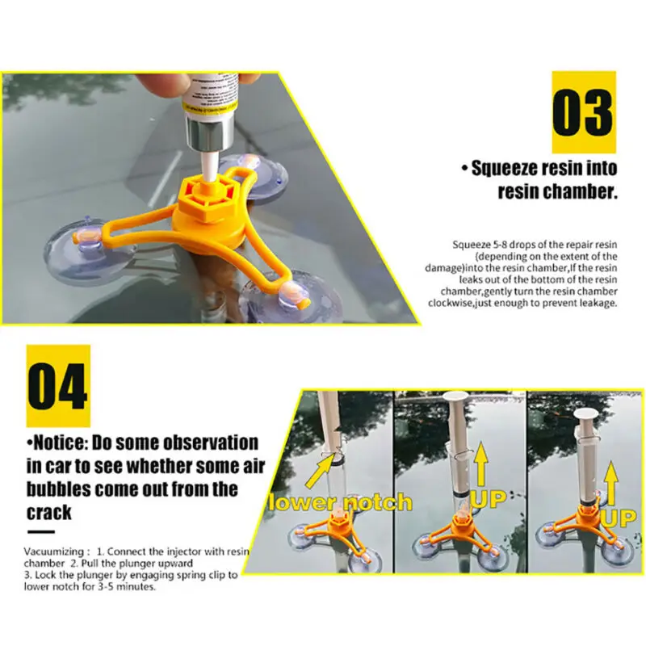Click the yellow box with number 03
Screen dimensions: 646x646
(584, 111)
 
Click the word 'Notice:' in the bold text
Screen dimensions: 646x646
(58, 443)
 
